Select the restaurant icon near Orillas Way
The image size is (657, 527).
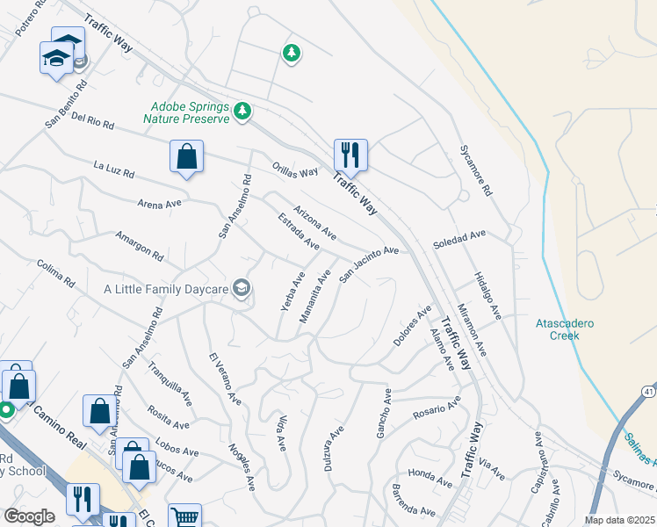coord(350,155)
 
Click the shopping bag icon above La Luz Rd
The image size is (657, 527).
coord(186,157)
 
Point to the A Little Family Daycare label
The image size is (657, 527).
coord(166,289)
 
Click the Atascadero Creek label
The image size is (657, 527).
coord(565,329)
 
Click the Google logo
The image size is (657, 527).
coord(29,516)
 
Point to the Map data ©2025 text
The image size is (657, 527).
coord(619,520)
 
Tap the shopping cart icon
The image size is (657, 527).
coord(184,517)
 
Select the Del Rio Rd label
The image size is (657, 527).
coord(93,120)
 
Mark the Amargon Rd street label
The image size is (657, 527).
coord(140,247)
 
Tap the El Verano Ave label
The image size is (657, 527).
coord(225,379)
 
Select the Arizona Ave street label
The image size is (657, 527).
coord(315,222)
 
